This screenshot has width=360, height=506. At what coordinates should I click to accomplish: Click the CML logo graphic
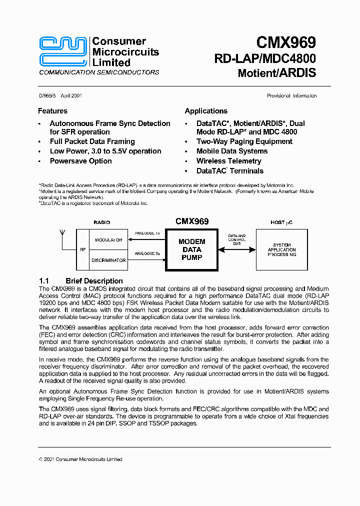[x=64, y=51]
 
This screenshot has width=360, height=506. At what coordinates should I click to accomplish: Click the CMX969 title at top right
[x=286, y=43]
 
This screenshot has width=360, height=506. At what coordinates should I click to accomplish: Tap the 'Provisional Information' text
[x=291, y=96]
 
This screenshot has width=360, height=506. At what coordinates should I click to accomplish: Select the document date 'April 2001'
[x=71, y=96]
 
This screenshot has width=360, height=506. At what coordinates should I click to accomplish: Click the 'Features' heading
[x=52, y=111]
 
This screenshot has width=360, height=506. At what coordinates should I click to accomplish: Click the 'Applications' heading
[x=206, y=111]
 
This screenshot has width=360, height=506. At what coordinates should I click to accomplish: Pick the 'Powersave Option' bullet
[x=80, y=161]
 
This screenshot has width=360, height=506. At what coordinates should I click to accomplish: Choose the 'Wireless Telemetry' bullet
[x=228, y=161]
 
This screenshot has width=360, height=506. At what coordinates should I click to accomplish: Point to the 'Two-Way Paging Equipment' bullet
[x=244, y=141]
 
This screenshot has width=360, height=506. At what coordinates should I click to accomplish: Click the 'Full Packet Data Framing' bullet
[x=92, y=141]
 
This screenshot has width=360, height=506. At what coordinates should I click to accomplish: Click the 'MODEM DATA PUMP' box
[x=191, y=249]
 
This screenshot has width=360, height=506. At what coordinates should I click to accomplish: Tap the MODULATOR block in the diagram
[x=108, y=240]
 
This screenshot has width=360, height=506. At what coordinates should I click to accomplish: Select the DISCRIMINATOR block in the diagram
[x=108, y=260]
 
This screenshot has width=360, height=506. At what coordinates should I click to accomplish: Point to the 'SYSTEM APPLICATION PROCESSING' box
[x=281, y=249]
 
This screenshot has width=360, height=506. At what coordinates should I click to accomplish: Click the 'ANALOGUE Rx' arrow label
[x=147, y=254]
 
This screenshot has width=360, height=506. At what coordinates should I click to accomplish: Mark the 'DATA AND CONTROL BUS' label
[x=237, y=239]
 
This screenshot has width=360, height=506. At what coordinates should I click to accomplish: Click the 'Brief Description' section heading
[x=94, y=281]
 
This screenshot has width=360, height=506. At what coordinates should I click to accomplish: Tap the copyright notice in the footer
[x=80, y=459]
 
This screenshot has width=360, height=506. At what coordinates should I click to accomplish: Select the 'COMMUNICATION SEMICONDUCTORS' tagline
[x=99, y=72]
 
